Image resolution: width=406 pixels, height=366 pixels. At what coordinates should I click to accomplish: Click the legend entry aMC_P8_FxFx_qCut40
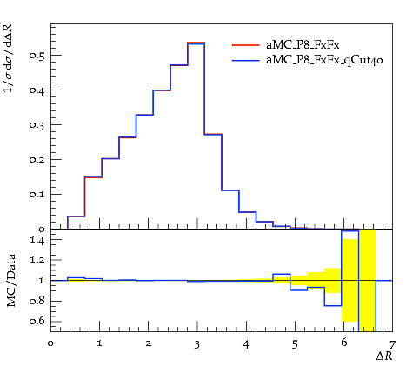[324, 60]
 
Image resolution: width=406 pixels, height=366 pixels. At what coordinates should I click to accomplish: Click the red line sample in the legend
[246, 45]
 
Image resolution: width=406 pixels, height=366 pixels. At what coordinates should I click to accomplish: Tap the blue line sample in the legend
[246, 61]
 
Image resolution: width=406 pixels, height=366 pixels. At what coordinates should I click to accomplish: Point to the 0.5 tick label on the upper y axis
[37, 55]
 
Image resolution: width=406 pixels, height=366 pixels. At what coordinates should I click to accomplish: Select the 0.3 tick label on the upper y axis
[37, 124]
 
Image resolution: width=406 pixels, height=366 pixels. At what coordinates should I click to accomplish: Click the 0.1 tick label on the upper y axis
[37, 194]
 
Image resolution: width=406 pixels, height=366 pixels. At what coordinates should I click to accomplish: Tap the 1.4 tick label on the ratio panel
[37, 240]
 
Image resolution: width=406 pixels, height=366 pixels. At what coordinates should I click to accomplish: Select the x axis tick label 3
[197, 344]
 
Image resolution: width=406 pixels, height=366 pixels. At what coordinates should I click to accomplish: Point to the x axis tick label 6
[343, 343]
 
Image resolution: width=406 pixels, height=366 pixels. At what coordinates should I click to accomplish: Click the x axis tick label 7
[392, 344]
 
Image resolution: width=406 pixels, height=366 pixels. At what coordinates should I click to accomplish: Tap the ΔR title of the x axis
[384, 356]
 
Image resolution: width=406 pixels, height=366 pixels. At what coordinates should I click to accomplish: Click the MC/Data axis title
[10, 280]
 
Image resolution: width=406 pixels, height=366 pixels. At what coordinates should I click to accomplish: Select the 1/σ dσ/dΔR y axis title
[9, 58]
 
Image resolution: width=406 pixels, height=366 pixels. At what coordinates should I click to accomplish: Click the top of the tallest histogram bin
[196, 43]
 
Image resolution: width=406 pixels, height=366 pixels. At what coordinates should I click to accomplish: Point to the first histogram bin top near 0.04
[76, 216]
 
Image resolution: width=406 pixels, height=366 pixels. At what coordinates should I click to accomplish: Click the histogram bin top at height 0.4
[162, 90]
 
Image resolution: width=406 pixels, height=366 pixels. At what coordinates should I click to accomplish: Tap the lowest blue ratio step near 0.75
[333, 306]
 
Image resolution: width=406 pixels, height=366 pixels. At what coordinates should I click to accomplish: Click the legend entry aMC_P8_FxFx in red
[303, 44]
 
